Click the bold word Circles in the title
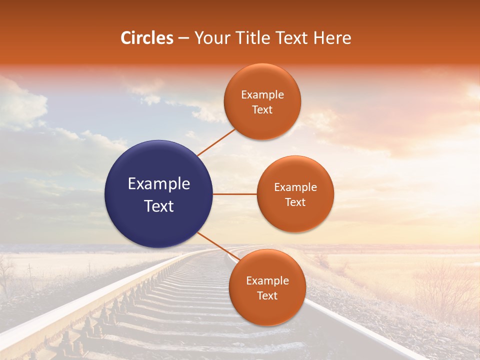[x=147, y=38]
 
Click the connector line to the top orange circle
[x=216, y=142]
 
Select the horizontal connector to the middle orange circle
[x=235, y=194]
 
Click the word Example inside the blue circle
[x=159, y=184]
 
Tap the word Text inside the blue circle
[x=159, y=206]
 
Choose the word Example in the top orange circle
[x=262, y=95]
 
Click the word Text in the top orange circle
[x=262, y=109]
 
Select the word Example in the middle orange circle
[x=295, y=187]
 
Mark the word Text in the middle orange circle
[x=295, y=202]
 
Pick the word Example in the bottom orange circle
[x=267, y=281]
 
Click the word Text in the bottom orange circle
[x=267, y=295]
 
